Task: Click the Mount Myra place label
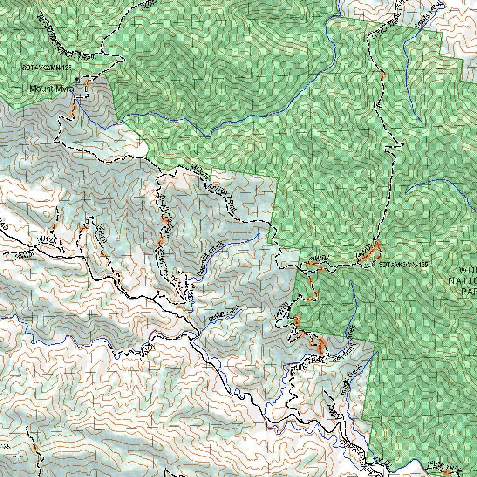[51, 89]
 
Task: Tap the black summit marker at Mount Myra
[77, 79]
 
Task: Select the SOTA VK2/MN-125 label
[47, 68]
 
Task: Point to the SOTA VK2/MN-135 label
[403, 265]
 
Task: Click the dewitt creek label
[225, 312]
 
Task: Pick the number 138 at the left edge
[5, 447]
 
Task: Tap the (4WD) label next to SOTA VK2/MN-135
[364, 251]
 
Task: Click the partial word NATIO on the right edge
[462, 280]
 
